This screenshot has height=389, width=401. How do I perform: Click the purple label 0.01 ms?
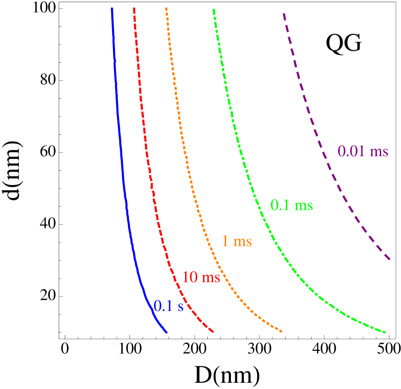[x=362, y=151]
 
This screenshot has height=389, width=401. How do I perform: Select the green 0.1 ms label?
[x=291, y=205]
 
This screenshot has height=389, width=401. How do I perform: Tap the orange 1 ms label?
[x=237, y=241]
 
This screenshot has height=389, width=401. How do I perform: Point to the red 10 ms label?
[x=201, y=277]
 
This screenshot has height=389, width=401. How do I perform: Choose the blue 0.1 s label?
[x=169, y=306]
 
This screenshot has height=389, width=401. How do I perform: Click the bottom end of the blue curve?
[x=167, y=332]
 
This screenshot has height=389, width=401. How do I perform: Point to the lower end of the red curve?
[x=213, y=332]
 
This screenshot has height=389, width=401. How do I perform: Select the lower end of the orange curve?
[x=282, y=331]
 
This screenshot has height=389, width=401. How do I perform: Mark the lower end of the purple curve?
[x=390, y=260]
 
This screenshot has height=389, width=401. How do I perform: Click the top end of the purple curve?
[x=284, y=14]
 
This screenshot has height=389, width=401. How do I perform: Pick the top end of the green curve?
[x=213, y=9]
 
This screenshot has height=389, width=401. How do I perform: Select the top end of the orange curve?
[x=166, y=8]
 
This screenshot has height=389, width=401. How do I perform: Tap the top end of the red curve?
[x=134, y=8]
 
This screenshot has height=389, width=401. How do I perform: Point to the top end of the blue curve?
[x=112, y=8]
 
